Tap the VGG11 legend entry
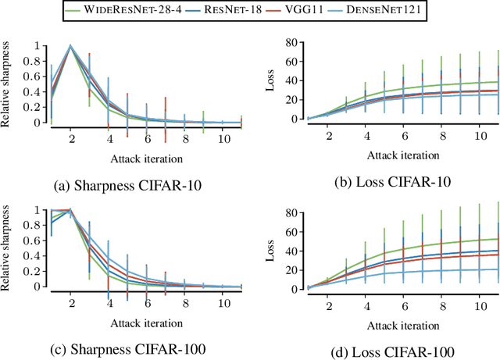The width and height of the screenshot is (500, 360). (x=323, y=11)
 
